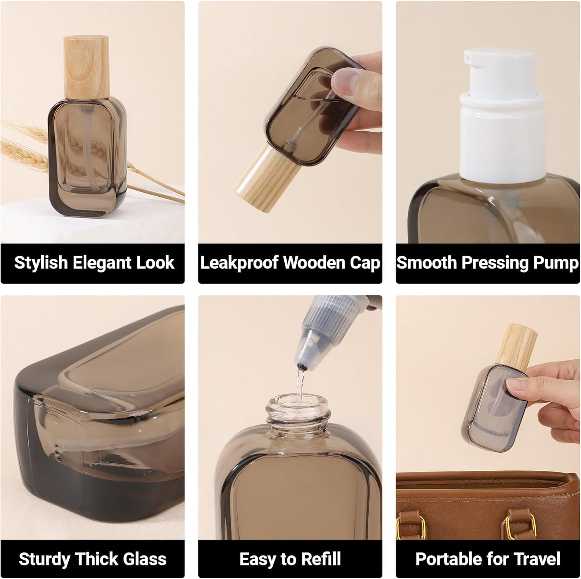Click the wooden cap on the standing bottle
point(87,66)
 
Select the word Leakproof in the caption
point(239,263)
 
